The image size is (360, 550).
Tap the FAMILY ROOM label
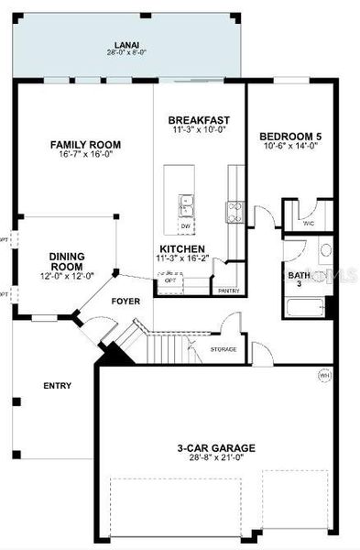click(x=86, y=145)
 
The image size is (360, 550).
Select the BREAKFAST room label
click(x=199, y=120)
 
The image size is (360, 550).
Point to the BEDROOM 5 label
click(x=289, y=136)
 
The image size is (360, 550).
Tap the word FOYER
click(x=126, y=301)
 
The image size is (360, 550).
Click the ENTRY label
click(x=57, y=386)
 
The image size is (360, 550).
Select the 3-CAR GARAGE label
click(x=217, y=448)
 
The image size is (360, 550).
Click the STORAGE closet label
click(x=224, y=349)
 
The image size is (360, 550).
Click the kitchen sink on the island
click(x=186, y=203)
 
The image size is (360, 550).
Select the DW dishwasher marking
click(x=186, y=225)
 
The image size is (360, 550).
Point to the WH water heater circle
click(x=323, y=374)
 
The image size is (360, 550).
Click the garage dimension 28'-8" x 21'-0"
click(x=217, y=459)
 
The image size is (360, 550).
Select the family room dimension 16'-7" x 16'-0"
click(x=86, y=156)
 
